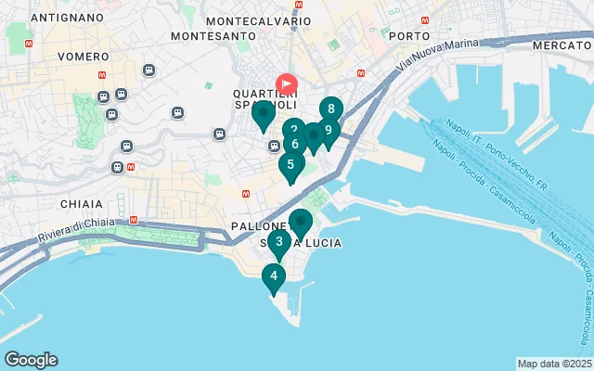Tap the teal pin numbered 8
coord(331,109)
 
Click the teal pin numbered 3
coord(279,242)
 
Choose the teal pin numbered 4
coord(273,276)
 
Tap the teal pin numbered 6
coord(294,144)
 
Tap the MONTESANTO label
coord(213,36)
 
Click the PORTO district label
coord(409,36)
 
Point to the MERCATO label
coord(562,45)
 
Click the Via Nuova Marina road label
coord(438,57)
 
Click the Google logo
coord(31,360)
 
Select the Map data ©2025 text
coord(554,364)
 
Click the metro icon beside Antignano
coord(31,43)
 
